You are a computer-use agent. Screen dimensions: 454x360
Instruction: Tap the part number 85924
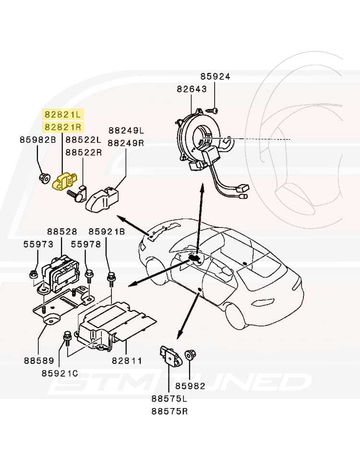click(x=215, y=77)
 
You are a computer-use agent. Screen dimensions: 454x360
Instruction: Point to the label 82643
click(x=192, y=89)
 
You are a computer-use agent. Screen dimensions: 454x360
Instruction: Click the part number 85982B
click(x=38, y=140)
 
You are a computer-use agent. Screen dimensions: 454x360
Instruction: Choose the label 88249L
click(x=126, y=131)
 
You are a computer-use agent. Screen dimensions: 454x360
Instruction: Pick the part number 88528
click(x=62, y=232)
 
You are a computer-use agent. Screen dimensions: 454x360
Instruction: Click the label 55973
click(x=38, y=244)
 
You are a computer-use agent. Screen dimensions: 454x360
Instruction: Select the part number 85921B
click(x=107, y=232)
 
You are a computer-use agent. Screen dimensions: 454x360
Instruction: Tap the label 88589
click(x=38, y=360)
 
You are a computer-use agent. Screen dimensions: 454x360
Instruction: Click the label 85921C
click(x=60, y=373)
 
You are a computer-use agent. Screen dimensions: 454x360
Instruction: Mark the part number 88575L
click(x=169, y=399)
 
